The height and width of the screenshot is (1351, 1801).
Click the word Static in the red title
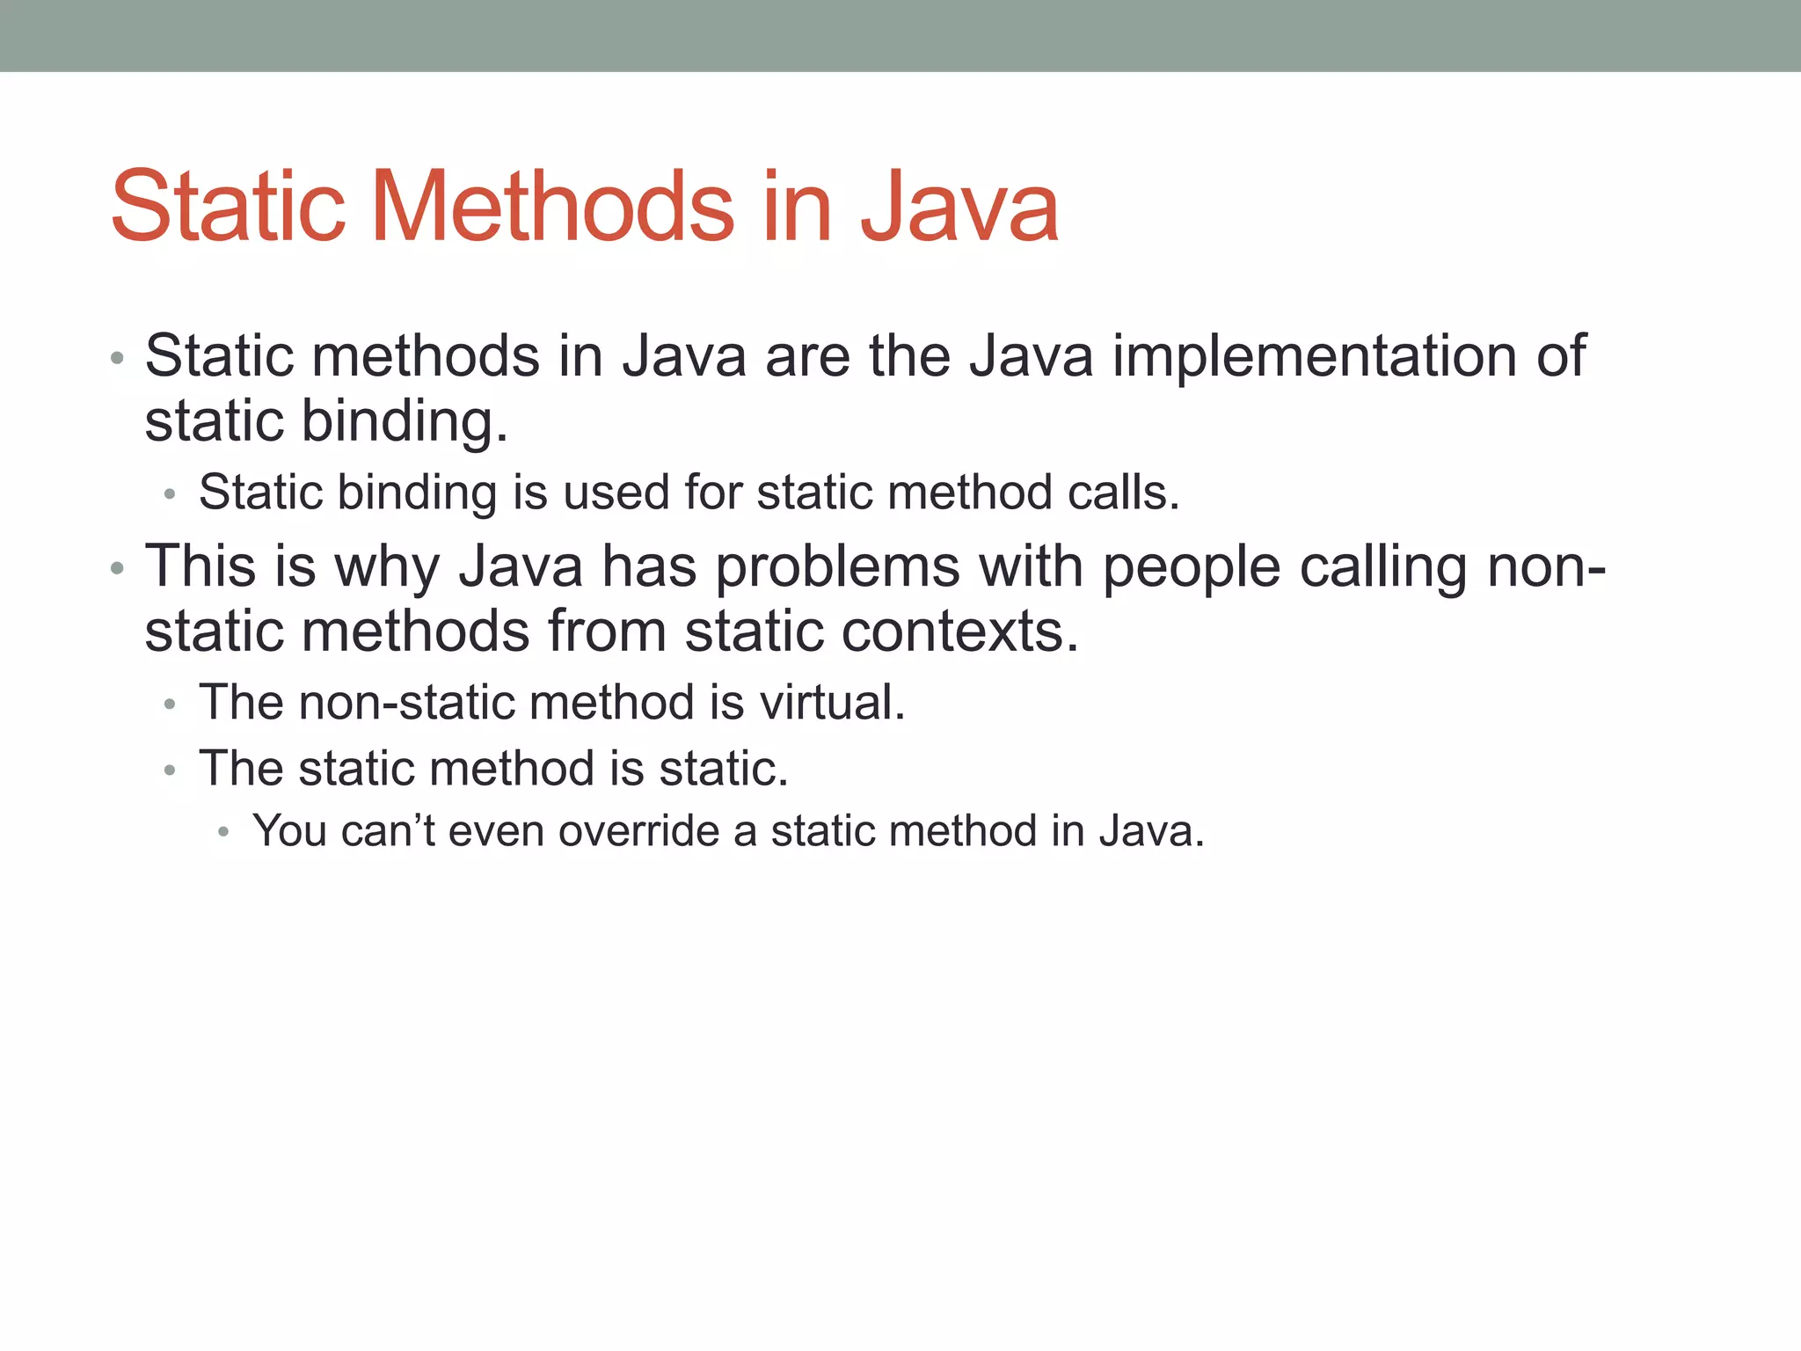[x=228, y=207]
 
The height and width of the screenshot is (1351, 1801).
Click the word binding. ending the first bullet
[x=405, y=422]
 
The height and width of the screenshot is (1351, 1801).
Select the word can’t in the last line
[x=388, y=831]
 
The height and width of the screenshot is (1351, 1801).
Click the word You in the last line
[x=289, y=831]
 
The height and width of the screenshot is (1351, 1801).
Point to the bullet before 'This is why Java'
[x=117, y=569]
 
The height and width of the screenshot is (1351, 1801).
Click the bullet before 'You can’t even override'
[x=223, y=832]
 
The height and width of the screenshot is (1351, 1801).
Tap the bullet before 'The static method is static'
[x=170, y=770]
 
